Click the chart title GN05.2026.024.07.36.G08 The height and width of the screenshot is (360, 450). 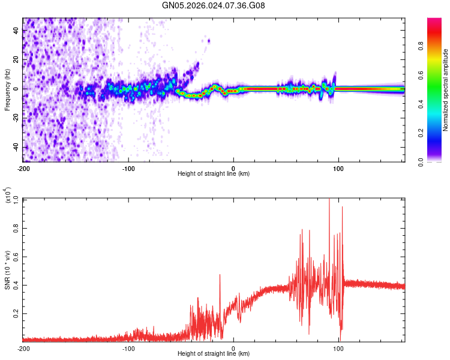coord(214,5)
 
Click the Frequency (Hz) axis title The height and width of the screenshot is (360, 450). coord(7,89)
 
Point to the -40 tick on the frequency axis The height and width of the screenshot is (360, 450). coord(15,148)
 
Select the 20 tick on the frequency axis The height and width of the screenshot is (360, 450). coord(16,60)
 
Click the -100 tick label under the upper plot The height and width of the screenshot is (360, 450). coord(128,167)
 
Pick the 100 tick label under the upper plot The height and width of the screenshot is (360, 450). coord(338,167)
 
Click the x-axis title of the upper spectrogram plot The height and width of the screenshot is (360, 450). coord(214,174)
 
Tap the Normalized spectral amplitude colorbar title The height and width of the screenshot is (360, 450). coord(446,90)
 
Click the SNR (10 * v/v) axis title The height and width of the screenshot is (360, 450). coord(7,271)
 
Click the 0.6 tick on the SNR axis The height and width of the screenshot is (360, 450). coord(15,256)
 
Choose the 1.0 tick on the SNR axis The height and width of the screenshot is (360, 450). coord(15,199)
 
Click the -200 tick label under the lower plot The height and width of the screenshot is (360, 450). coord(23,348)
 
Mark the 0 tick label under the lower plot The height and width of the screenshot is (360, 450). coord(233,348)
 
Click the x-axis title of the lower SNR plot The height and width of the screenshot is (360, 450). coord(214,354)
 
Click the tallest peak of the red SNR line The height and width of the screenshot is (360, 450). coord(329,200)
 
